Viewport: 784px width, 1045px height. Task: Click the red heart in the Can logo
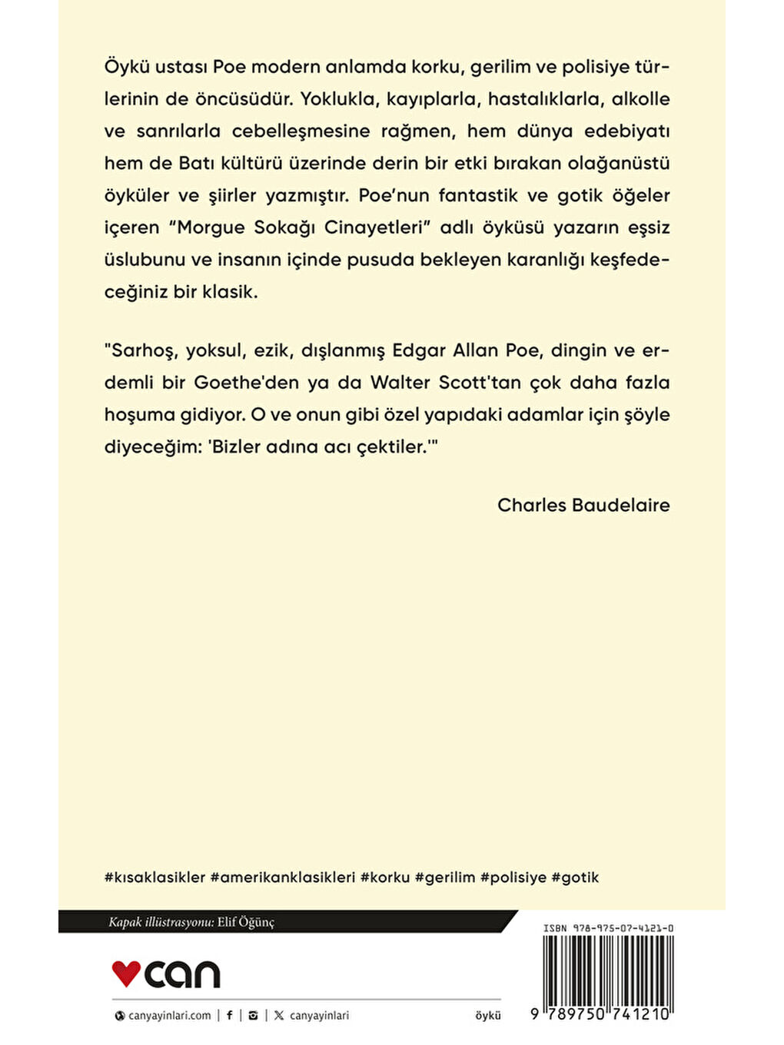[126, 973]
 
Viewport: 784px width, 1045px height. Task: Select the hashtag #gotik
[575, 877]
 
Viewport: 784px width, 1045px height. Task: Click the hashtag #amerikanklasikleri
[282, 877]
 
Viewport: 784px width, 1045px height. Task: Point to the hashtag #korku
[385, 877]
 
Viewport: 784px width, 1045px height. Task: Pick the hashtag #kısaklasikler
[154, 877]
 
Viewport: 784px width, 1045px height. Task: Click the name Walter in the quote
[400, 383]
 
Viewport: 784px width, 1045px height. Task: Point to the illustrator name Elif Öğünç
[245, 922]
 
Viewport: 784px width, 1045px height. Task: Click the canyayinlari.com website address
[169, 1015]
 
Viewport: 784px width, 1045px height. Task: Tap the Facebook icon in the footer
[229, 1015]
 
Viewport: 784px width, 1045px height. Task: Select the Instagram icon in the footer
[253, 1015]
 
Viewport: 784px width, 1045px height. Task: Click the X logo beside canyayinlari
[278, 1015]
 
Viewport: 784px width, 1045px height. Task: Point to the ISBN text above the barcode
[608, 928]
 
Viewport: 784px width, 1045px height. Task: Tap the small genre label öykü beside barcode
[488, 1015]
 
